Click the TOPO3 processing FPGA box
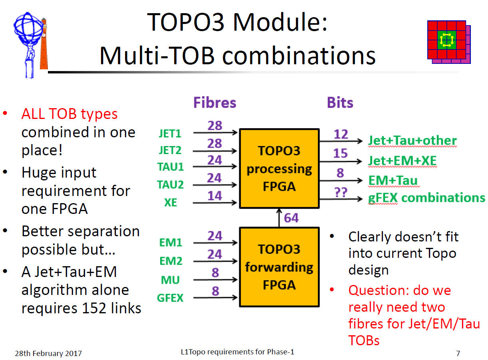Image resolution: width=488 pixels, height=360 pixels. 279,168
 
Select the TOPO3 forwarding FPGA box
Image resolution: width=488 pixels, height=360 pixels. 279,267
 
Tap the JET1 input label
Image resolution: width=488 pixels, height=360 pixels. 170,133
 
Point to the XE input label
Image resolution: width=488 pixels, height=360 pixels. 171,202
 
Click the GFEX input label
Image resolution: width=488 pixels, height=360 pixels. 170,298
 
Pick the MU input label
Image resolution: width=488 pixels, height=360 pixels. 170,280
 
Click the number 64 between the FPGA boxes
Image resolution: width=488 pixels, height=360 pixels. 291,218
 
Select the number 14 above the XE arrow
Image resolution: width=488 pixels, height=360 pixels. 215,196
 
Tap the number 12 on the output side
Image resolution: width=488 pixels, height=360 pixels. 341,134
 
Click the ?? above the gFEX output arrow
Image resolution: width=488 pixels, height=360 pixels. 341,192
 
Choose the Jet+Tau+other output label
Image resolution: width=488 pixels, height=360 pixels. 412,140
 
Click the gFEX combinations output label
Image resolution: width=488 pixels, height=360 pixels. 427,198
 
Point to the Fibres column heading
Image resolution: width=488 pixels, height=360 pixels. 214,103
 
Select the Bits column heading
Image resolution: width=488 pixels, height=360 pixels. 340,103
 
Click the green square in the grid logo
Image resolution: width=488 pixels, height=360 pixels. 446,40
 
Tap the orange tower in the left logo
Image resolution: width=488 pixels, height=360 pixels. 44,44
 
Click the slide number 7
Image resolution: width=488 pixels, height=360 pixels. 458,353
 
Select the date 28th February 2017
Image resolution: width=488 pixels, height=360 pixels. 48,353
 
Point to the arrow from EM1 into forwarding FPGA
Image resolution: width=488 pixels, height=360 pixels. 215,243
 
